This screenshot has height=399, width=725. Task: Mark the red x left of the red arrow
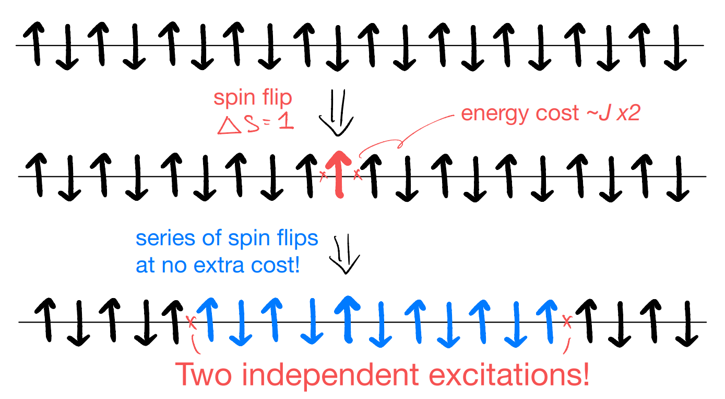click(323, 176)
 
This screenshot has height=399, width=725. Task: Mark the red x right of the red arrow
click(357, 174)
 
